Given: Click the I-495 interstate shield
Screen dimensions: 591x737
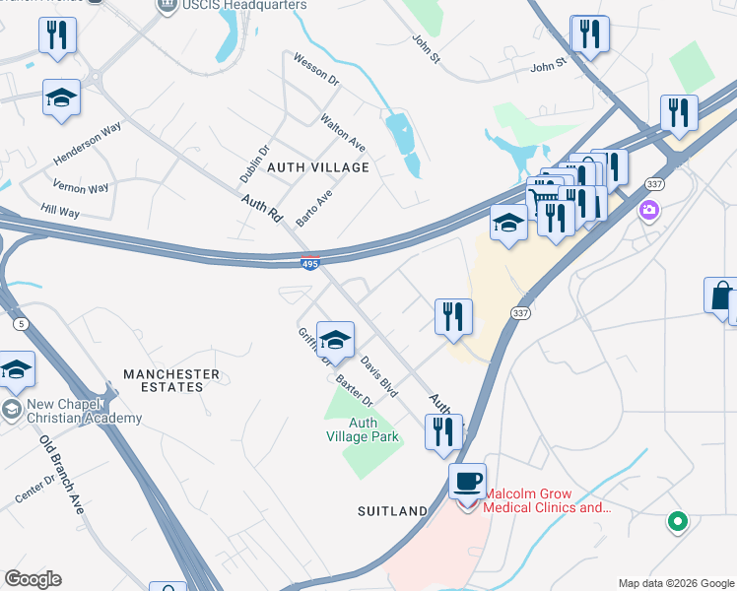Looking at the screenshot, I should pyautogui.click(x=309, y=263).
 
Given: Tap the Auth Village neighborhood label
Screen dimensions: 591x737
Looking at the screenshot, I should pyautogui.click(x=326, y=167).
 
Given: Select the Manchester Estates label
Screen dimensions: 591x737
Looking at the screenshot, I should pyautogui.click(x=171, y=380).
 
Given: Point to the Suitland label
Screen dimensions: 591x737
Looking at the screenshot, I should pyautogui.click(x=392, y=511).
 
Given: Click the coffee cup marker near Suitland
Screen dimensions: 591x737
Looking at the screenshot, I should pyautogui.click(x=468, y=483).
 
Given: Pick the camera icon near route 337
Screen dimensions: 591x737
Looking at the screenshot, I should pyautogui.click(x=648, y=209).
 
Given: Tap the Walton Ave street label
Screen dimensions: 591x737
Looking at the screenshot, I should pyautogui.click(x=342, y=133).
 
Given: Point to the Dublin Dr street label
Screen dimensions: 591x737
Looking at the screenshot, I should pyautogui.click(x=254, y=164).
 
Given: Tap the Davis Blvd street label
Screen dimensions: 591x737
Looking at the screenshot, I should pyautogui.click(x=378, y=376).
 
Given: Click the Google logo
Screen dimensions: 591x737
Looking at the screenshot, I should pyautogui.click(x=33, y=579).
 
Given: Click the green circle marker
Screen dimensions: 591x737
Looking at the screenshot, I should pyautogui.click(x=677, y=521).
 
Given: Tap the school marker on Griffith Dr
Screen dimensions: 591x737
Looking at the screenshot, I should pyautogui.click(x=336, y=341).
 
